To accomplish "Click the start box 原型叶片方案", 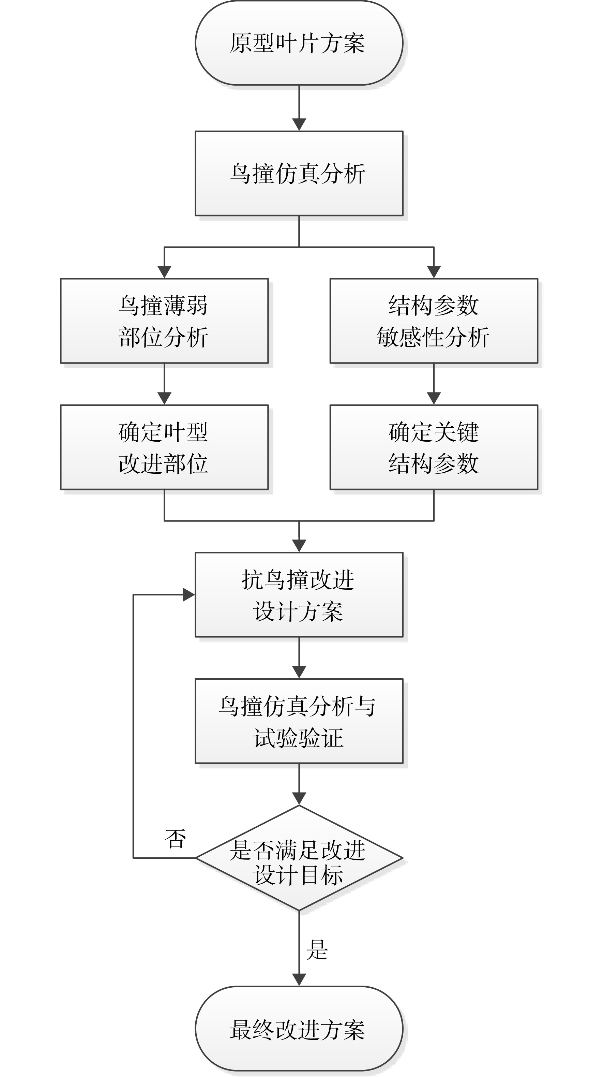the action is [299, 43].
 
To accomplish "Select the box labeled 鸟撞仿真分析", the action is [299, 174].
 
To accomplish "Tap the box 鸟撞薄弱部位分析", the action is [164, 321].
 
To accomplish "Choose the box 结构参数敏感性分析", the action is [434, 321].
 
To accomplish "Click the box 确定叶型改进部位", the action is [164, 447].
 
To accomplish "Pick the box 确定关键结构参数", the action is [434, 447].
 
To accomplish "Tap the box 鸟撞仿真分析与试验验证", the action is [299, 721].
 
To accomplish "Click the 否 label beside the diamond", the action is [175, 839].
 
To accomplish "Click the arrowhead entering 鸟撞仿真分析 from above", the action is [299, 124].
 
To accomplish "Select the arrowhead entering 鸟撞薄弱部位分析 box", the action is [164, 272].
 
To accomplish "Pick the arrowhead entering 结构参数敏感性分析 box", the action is [434, 272].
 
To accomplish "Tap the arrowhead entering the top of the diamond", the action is [299, 799].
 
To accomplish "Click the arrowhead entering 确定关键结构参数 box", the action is [434, 398].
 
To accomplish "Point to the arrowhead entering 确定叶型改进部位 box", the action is [164, 398].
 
